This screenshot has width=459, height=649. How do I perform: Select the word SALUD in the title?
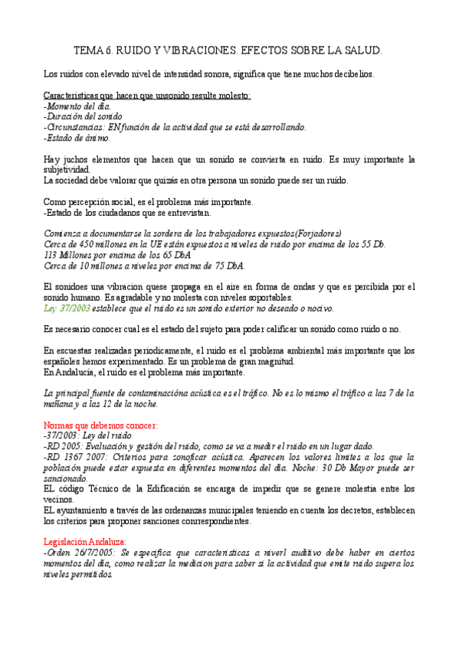click(361, 51)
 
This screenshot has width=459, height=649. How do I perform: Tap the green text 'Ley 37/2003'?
click(67, 308)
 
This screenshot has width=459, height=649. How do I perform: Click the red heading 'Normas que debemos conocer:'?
click(100, 424)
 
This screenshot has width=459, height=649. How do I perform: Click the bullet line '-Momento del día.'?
click(77, 106)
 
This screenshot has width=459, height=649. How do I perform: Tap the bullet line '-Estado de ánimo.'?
click(77, 139)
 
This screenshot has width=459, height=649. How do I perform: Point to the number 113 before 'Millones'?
click(51, 255)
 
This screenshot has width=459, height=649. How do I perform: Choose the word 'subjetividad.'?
click(67, 170)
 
